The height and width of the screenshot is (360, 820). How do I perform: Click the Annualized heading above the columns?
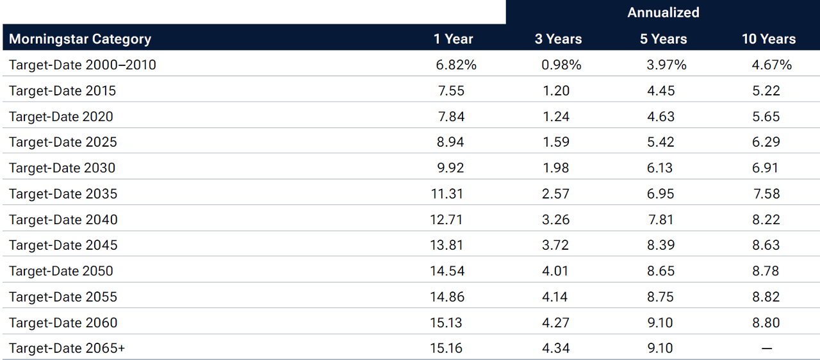pos(663,12)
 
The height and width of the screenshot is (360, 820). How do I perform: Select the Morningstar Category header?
pos(80,38)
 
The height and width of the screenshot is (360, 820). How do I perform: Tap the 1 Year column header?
pos(453,38)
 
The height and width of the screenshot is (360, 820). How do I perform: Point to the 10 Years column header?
pos(768,38)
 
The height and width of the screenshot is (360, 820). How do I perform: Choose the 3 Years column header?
pos(558,38)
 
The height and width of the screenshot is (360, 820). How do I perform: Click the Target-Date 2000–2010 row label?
pos(83,65)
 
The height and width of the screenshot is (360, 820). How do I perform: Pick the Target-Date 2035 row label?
pos(63,193)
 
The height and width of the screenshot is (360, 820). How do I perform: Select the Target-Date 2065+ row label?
pos(67,348)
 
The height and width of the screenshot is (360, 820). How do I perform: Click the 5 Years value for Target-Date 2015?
pos(660,90)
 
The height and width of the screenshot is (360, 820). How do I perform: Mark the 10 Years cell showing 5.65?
pos(766,116)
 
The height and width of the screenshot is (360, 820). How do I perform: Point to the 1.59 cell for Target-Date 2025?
pos(556,142)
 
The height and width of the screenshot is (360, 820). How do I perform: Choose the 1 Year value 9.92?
pos(450,168)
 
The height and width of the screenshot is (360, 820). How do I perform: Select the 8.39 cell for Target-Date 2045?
pos(660,245)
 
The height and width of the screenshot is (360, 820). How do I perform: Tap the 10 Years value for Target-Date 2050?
pos(766,270)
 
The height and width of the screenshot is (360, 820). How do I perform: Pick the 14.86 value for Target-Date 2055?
pos(447,297)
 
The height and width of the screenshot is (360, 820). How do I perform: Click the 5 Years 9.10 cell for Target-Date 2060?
pos(660,322)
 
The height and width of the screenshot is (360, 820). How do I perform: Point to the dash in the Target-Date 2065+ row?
pos(766,348)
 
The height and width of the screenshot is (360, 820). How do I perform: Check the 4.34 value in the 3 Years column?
pos(556,348)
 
